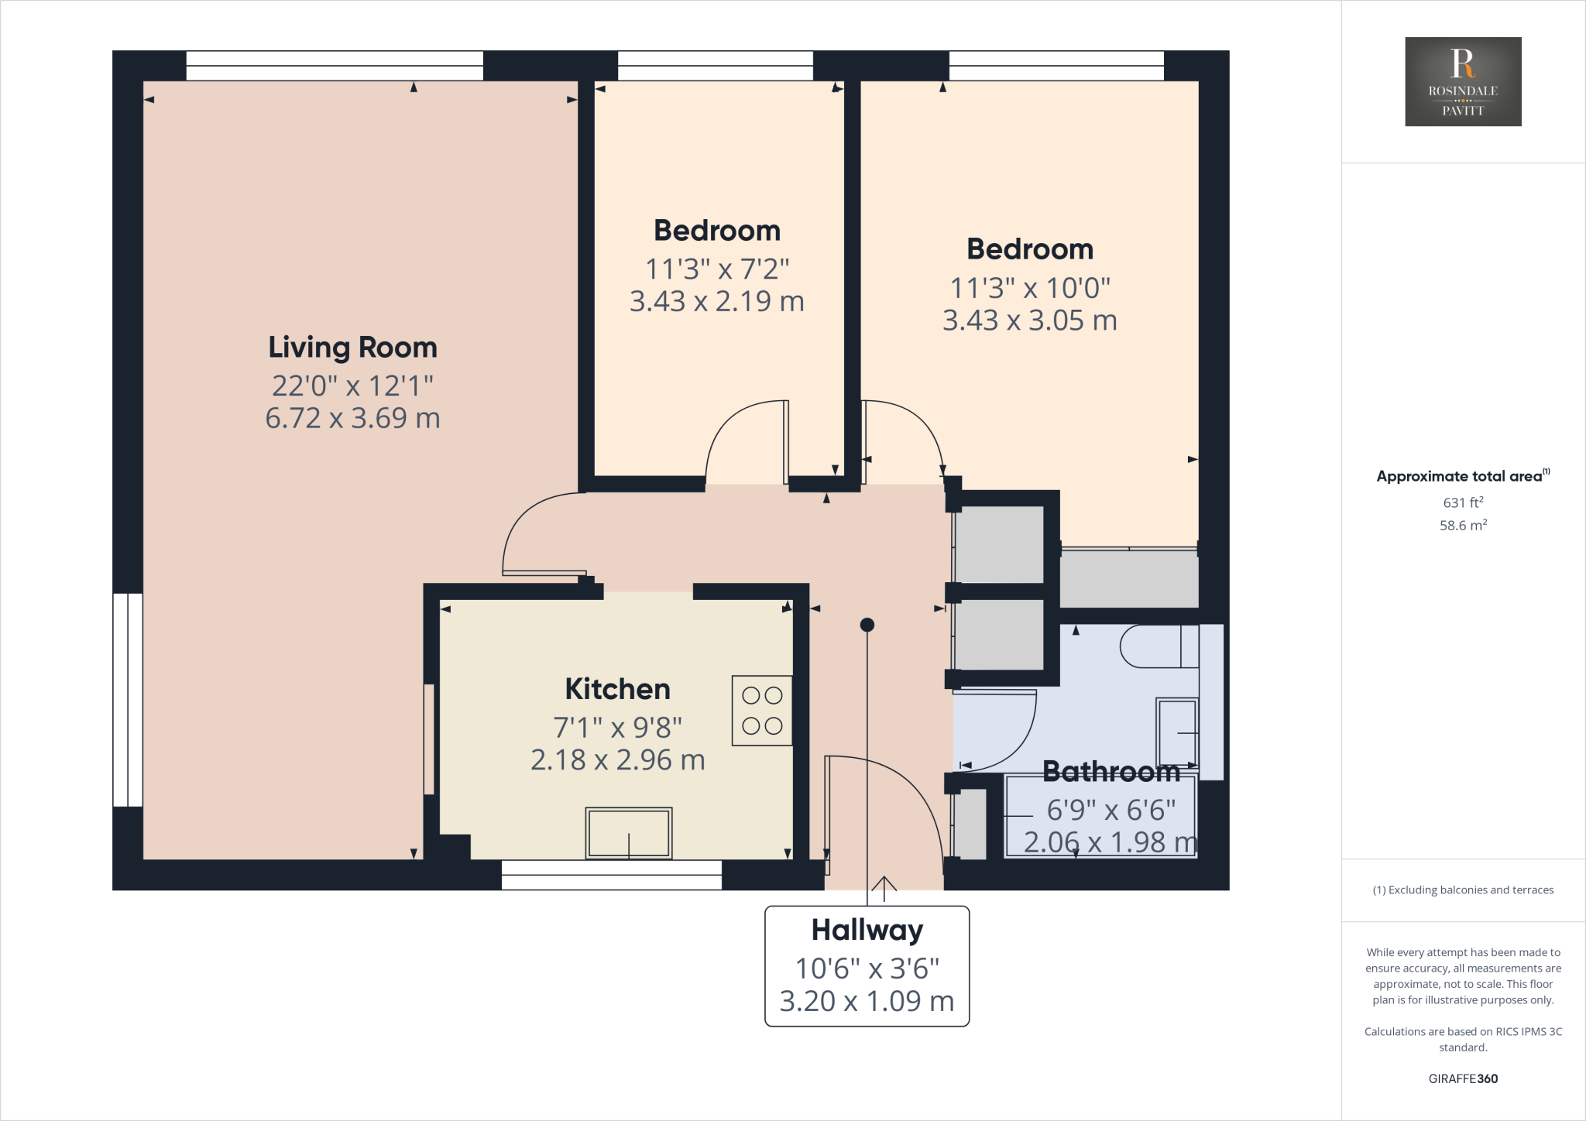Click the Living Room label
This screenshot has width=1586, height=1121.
tap(352, 348)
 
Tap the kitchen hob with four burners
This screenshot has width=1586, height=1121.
tap(762, 711)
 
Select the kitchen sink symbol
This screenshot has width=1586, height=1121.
tap(628, 833)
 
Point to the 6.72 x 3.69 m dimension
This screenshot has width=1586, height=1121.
tap(352, 419)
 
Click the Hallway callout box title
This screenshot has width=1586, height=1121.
tap(867, 930)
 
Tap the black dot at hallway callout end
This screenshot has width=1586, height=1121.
tap(867, 625)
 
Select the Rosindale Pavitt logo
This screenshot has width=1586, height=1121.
tap(1463, 81)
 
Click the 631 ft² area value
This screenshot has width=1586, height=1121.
tap(1463, 502)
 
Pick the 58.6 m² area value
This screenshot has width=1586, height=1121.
tap(1463, 526)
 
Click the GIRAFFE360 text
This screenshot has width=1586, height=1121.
tap(1463, 1078)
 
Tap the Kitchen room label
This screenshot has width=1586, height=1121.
tap(617, 689)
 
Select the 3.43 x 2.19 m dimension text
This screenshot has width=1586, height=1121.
tap(716, 302)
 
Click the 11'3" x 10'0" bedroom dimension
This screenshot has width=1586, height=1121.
tap(1030, 289)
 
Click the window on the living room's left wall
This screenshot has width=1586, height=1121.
tap(128, 700)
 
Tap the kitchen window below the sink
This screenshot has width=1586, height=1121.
tap(612, 875)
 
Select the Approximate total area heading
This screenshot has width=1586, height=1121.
tap(1461, 477)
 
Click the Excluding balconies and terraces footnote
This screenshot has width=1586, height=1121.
tap(1463, 890)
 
